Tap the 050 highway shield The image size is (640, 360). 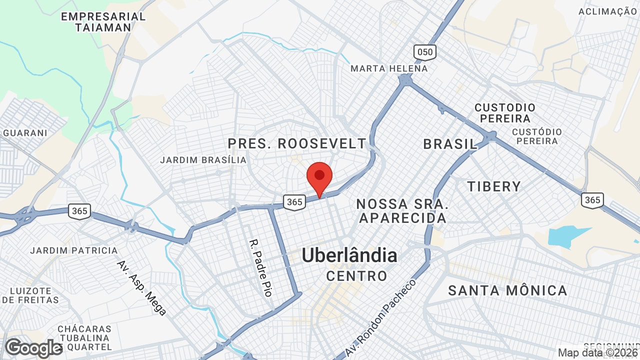pos(424,52)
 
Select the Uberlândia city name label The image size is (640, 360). pos(349,255)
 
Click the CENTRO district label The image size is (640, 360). pos(356,275)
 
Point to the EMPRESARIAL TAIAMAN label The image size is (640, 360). pos(103,22)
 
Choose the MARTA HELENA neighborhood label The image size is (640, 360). pos(389,68)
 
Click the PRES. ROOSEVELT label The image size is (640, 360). pos(297,144)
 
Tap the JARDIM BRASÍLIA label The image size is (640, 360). pos(203,160)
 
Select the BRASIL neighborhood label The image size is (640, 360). pos(450,144)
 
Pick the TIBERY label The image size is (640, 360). pos(493,186)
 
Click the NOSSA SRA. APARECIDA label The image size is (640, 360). pos(402,211)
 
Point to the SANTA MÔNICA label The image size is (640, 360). pos(507,290)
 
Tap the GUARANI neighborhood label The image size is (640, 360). pos(25,133)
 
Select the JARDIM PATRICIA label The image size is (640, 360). pos(74,250)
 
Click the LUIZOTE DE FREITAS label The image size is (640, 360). pos(30,295)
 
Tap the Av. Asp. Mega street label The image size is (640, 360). pos(141,287)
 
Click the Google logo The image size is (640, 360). pos(33,348)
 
